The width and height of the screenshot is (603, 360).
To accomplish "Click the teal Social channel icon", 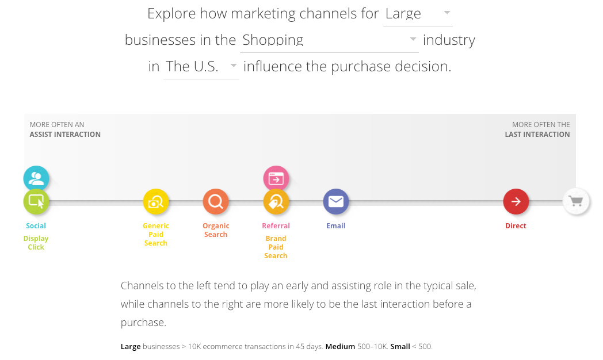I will (x=36, y=178).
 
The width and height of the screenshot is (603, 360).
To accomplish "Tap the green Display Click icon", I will (x=36, y=201).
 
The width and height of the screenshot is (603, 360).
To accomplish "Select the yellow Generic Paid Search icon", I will (x=156, y=201).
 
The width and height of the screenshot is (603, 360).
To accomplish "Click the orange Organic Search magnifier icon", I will (x=216, y=201).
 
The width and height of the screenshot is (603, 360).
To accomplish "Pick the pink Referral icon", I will (x=276, y=178).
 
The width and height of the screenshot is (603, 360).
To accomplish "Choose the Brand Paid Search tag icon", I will (x=276, y=201).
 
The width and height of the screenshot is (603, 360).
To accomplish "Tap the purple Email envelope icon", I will (x=336, y=201).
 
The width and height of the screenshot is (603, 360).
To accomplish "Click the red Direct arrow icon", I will (x=516, y=201).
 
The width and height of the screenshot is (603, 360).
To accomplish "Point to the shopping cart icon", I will (x=575, y=201).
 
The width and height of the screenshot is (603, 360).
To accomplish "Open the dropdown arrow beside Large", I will (x=448, y=13).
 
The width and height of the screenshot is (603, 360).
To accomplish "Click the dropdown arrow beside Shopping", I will (x=413, y=39).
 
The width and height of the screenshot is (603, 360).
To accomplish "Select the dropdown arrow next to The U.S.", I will (x=234, y=66).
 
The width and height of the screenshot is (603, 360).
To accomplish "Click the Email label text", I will (x=336, y=226).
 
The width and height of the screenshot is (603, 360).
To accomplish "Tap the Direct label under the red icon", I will (x=516, y=226).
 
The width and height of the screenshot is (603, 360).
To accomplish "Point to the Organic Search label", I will (x=216, y=230).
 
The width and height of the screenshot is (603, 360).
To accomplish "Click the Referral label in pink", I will (x=276, y=226).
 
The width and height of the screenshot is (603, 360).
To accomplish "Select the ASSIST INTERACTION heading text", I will (x=65, y=135).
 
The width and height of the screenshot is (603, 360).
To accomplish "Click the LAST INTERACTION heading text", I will (x=537, y=135).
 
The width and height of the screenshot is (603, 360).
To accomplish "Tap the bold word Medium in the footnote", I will (x=340, y=347).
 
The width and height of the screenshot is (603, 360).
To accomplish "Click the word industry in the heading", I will (x=449, y=40).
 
